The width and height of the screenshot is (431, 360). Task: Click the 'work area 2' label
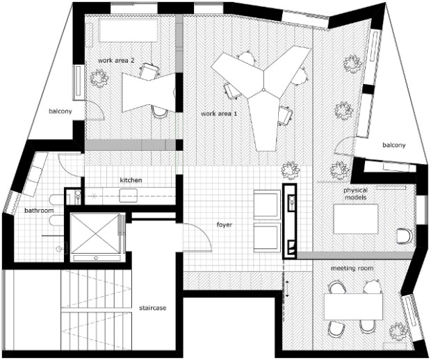116,60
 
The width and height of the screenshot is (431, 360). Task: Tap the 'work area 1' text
219,113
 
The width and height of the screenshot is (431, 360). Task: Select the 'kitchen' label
131,180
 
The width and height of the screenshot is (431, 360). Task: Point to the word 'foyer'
225,224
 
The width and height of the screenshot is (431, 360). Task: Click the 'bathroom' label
39,211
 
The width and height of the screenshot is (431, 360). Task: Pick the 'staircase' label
152,308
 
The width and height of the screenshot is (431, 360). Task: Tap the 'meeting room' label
352,268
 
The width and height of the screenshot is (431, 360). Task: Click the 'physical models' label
355,194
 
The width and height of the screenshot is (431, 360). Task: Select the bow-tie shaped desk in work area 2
149,92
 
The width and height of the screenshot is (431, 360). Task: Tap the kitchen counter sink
128,195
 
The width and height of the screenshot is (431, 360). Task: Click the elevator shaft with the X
95,234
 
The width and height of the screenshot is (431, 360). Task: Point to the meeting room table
353,306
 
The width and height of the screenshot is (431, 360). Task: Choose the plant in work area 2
99,78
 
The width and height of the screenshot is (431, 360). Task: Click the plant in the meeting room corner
398,332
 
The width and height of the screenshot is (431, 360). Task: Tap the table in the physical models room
356,219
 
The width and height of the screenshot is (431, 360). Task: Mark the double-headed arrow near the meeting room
287,288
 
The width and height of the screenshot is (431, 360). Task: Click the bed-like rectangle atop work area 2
128,30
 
